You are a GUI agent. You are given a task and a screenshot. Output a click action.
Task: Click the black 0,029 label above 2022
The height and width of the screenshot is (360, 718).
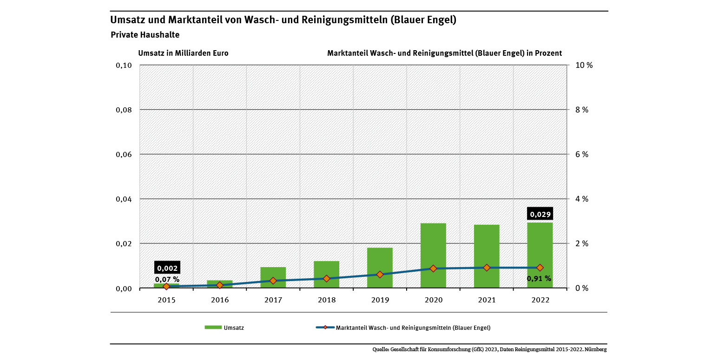coord(540,214)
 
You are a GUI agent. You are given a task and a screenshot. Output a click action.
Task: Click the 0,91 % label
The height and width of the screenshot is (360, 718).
coord(539,279)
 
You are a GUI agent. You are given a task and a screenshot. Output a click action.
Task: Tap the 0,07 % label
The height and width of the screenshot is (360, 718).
coord(167,279)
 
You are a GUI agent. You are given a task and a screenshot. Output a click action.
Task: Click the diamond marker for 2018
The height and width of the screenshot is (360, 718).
coord(326,278)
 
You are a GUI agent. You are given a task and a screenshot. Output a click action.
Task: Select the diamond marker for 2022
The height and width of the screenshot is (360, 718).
coord(540,268)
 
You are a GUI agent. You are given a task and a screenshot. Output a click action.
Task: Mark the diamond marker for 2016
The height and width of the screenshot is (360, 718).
coord(220,285)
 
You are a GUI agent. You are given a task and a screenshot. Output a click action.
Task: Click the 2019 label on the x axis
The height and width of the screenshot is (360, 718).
coord(380,300)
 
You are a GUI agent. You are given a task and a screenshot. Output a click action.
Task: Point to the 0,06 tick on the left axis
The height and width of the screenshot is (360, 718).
coord(124,154)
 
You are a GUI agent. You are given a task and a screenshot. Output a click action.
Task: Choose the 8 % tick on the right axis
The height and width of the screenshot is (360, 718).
coord(581,110)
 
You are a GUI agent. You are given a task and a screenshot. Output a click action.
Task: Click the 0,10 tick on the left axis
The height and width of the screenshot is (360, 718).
coord(124,65)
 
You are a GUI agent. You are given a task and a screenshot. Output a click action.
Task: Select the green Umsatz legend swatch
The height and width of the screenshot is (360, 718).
coord(212,327)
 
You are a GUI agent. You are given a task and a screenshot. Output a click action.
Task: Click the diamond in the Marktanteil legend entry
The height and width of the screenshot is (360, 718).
coord(325,327)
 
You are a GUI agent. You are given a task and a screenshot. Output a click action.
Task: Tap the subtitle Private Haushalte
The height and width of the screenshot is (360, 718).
coord(145,35)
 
